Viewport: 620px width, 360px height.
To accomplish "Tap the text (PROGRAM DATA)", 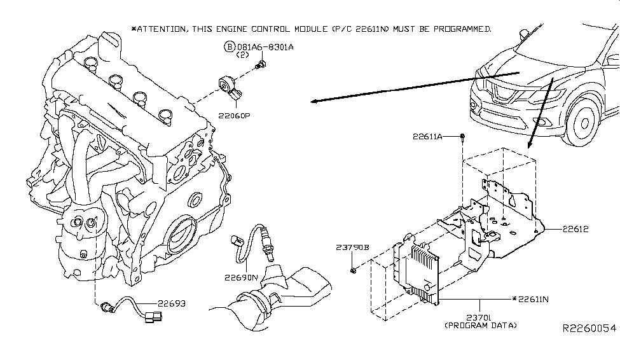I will [480, 325].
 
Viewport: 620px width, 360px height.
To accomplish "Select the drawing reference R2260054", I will [589, 329].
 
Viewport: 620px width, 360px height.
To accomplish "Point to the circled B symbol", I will [229, 46].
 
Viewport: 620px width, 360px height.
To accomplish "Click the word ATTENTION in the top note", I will [163, 29].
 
